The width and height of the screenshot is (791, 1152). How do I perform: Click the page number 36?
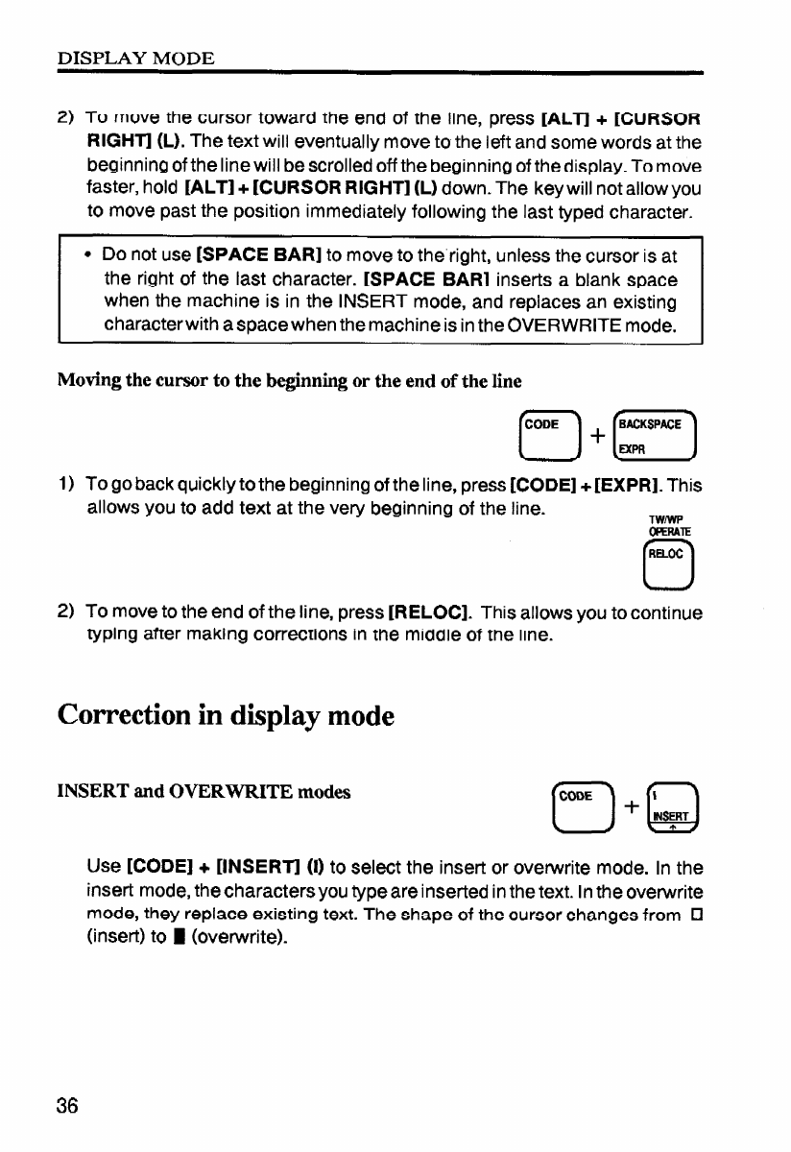tap(67, 1105)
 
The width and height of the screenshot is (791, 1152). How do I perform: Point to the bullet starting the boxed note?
tap(87, 254)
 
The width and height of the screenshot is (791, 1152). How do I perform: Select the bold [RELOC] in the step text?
tap(439, 612)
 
